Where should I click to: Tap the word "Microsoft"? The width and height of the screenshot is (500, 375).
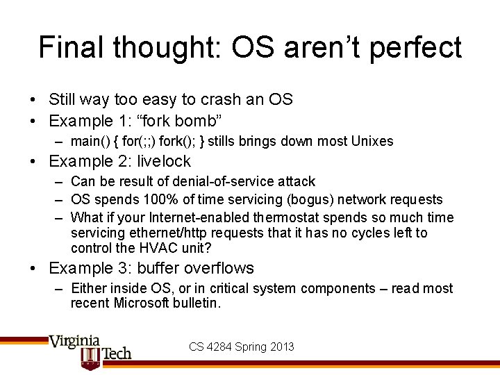(x=144, y=303)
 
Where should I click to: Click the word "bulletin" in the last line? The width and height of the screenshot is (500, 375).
(x=195, y=303)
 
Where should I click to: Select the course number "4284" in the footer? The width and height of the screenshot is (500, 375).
(x=223, y=347)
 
